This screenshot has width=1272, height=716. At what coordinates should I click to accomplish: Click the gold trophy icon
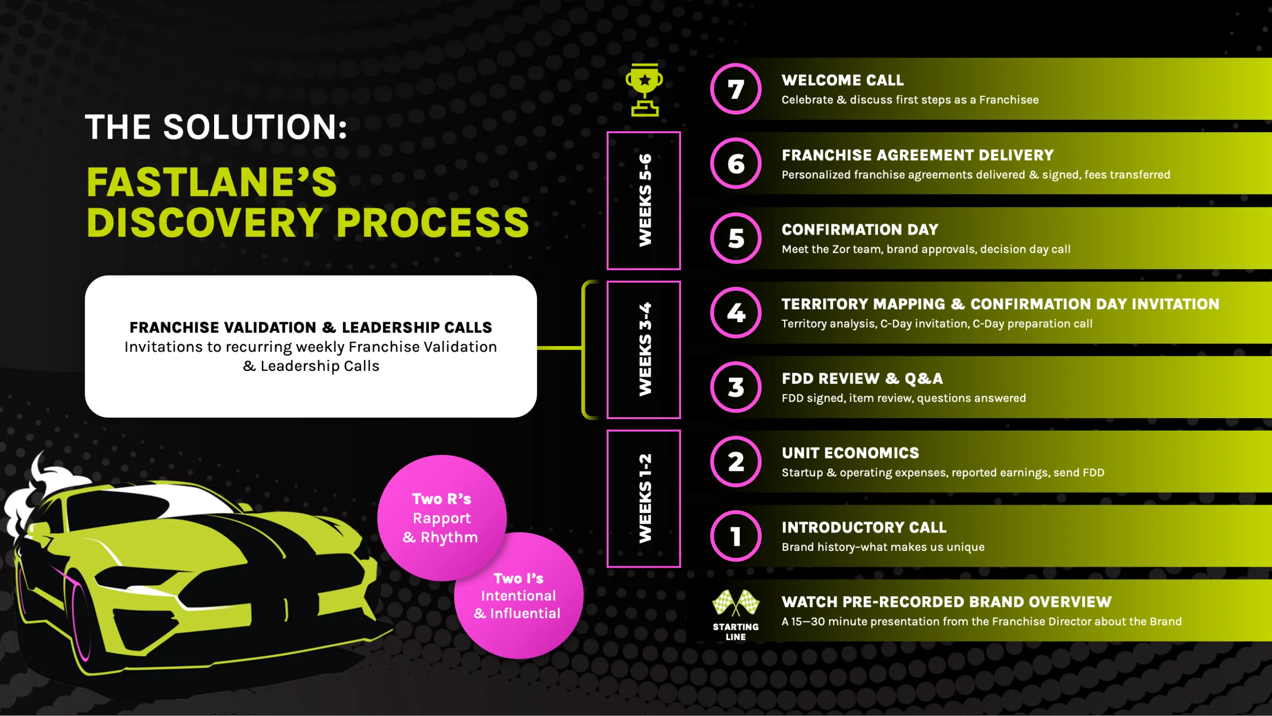[644, 90]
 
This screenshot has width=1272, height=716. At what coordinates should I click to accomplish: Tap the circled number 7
[735, 89]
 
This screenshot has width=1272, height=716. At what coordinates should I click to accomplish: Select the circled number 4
[735, 313]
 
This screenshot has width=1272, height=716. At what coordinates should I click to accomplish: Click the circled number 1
[735, 537]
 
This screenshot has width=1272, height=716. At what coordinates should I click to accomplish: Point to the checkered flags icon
[735, 602]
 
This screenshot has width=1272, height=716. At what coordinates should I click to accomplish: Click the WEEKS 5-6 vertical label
[644, 200]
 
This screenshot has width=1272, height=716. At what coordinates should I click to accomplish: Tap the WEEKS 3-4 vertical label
[644, 350]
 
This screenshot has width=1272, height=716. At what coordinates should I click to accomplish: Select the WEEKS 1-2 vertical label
[644, 499]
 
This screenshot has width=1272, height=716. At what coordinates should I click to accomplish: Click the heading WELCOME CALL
[843, 80]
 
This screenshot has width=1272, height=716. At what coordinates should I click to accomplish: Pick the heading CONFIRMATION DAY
[860, 230]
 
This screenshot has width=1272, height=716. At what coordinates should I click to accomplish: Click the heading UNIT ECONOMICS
[850, 453]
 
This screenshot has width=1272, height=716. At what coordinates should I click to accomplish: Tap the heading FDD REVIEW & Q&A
[862, 379]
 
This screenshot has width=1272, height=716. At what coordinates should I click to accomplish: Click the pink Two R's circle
[441, 517]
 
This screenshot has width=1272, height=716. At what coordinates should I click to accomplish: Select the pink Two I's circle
[518, 596]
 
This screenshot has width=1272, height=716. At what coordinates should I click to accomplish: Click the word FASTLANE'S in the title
[212, 182]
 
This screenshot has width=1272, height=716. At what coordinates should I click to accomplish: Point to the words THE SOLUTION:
[216, 127]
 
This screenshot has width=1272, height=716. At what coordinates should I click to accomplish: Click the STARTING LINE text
[735, 631]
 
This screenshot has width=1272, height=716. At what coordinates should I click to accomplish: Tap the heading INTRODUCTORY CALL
[864, 528]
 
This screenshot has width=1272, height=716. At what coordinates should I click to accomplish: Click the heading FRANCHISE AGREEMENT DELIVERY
[917, 155]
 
